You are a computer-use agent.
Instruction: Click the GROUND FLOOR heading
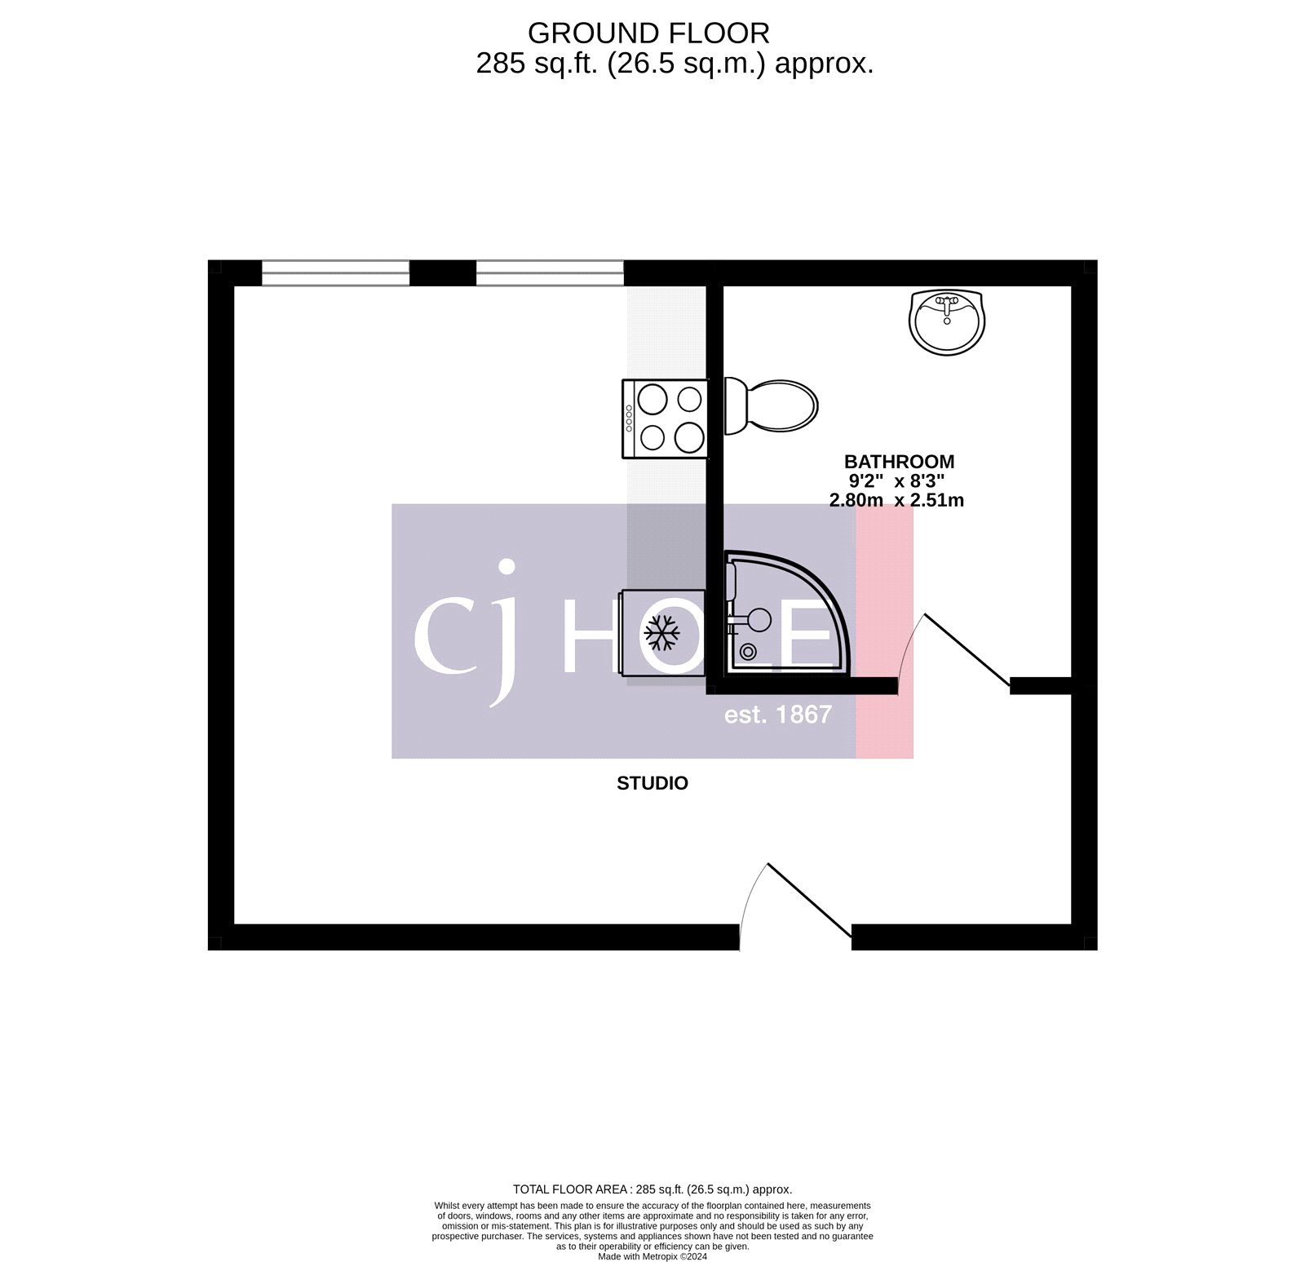648,33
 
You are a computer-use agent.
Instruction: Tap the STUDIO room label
652,783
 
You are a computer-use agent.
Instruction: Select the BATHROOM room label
899,462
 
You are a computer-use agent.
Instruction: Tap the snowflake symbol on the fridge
661,633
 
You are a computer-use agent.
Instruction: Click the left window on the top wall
335,273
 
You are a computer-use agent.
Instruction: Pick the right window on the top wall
550,273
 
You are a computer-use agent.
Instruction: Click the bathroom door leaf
967,649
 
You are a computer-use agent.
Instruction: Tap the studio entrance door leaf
810,900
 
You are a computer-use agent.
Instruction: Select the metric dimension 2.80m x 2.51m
896,500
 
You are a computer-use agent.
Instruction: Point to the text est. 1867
777,715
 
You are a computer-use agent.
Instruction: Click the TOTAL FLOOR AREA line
652,1189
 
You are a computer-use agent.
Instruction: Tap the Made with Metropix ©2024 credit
652,1256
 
